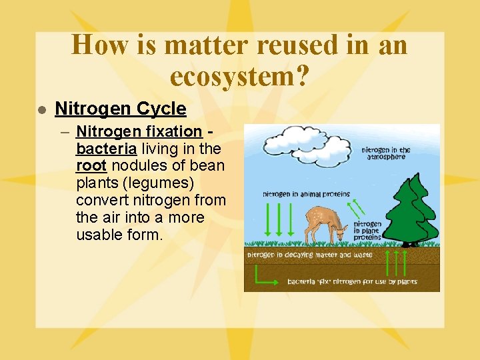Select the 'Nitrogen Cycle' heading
coord(120,109)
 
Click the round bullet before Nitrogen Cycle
coord(41,109)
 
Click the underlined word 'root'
coord(91,165)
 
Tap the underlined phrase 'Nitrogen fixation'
coord(139,131)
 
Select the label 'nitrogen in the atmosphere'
coord(387,153)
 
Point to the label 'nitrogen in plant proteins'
coord(367,231)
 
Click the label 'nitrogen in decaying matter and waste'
coord(309,255)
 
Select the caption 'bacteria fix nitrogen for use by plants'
coord(352,281)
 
